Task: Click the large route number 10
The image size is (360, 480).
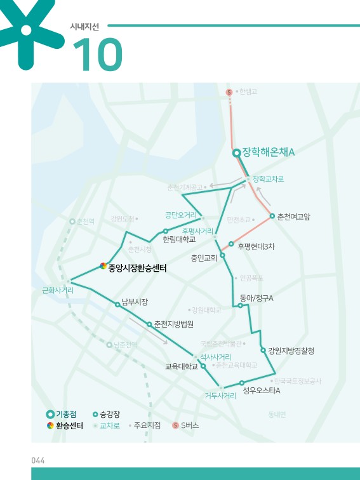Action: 97,54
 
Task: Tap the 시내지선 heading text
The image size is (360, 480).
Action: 86,27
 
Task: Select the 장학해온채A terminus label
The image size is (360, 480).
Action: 269,153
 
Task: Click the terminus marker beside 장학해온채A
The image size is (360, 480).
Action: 236,153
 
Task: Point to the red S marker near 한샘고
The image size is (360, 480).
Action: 229,92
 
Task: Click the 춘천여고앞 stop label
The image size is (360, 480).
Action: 294,217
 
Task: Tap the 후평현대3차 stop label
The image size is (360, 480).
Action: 256,246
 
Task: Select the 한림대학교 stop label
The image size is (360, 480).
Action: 179,239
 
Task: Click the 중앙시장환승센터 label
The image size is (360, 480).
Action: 137,269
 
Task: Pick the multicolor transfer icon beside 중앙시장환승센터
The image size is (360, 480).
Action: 103,267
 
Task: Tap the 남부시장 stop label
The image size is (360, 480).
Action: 135,302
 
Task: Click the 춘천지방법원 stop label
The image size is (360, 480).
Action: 173,324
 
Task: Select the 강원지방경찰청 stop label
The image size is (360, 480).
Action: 291,350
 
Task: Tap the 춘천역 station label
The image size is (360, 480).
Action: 85,221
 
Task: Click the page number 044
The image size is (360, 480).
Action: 39,460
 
